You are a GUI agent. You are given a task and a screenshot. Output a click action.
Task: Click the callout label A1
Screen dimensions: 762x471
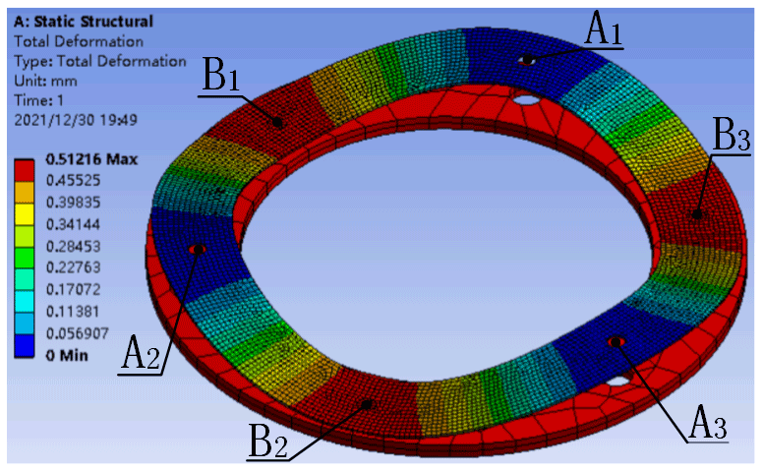coord(604,29)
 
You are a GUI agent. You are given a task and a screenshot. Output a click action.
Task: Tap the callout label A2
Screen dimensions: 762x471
coord(141,354)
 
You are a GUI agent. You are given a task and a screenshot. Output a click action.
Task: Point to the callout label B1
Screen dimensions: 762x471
coord(220,75)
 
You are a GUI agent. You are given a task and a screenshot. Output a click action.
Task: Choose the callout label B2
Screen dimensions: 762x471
coord(267,441)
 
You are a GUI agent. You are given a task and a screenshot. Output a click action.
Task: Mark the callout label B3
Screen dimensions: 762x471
coord(732,135)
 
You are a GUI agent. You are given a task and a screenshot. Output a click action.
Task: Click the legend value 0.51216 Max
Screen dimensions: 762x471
coord(91,159)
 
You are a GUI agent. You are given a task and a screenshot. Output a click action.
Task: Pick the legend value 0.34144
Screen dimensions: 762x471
coord(73,224)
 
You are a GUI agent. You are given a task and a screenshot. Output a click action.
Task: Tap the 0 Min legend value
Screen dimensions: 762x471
coord(67,356)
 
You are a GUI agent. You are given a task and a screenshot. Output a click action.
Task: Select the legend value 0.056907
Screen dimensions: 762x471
coord(78,333)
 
